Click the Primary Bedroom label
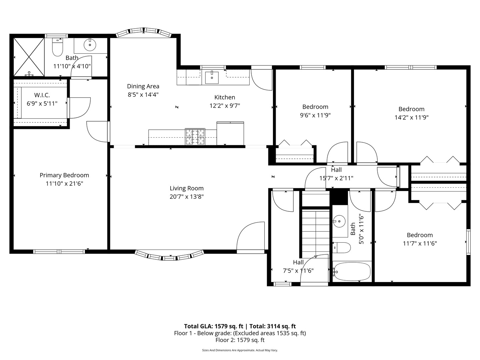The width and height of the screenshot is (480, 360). click(64, 175)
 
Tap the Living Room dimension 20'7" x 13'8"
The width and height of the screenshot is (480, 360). click(186, 197)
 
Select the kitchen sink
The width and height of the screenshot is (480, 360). click(212, 77)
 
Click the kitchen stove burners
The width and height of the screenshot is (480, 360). click(195, 137)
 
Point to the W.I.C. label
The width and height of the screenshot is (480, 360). click(42, 95)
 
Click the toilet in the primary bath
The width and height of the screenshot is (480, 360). click(58, 48)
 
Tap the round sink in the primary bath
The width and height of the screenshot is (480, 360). click(90, 44)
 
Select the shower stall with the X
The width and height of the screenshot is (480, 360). click(29, 57)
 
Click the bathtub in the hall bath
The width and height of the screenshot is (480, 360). click(352, 271)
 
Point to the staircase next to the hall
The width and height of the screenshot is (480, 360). click(316, 230)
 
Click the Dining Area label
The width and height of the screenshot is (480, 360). click(143, 86)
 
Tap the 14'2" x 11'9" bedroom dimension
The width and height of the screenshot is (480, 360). click(411, 117)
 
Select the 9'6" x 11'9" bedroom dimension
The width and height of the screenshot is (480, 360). click(315, 115)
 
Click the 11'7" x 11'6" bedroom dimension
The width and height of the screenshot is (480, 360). click(420, 243)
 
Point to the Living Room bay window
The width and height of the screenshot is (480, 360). click(169, 256)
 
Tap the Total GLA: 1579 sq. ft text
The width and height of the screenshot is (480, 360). click(214, 326)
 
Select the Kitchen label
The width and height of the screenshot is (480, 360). click(224, 97)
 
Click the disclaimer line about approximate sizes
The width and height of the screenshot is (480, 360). click(240, 350)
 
